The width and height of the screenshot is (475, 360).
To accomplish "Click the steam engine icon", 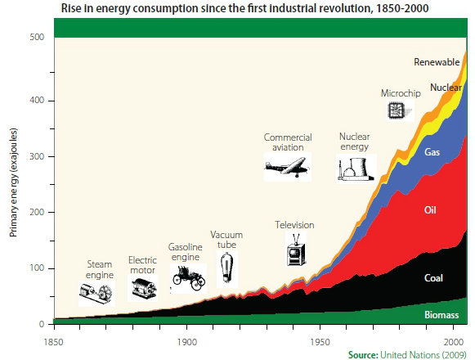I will (x=97, y=291).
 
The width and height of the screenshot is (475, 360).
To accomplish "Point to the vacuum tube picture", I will (x=226, y=267).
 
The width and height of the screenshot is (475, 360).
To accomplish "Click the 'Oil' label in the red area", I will (x=431, y=210).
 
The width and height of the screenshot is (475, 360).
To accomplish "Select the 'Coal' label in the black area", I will (x=434, y=278).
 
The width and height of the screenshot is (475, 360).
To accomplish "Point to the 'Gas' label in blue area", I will (x=432, y=151).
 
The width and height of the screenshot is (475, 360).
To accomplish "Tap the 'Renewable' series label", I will (x=437, y=62).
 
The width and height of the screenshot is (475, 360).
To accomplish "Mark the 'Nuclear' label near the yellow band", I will (x=445, y=87).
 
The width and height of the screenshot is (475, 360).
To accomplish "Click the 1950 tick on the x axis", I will (x=320, y=340).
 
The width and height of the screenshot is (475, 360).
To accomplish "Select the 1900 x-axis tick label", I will (x=186, y=340).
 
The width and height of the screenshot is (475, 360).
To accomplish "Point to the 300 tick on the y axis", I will (x=37, y=156).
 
